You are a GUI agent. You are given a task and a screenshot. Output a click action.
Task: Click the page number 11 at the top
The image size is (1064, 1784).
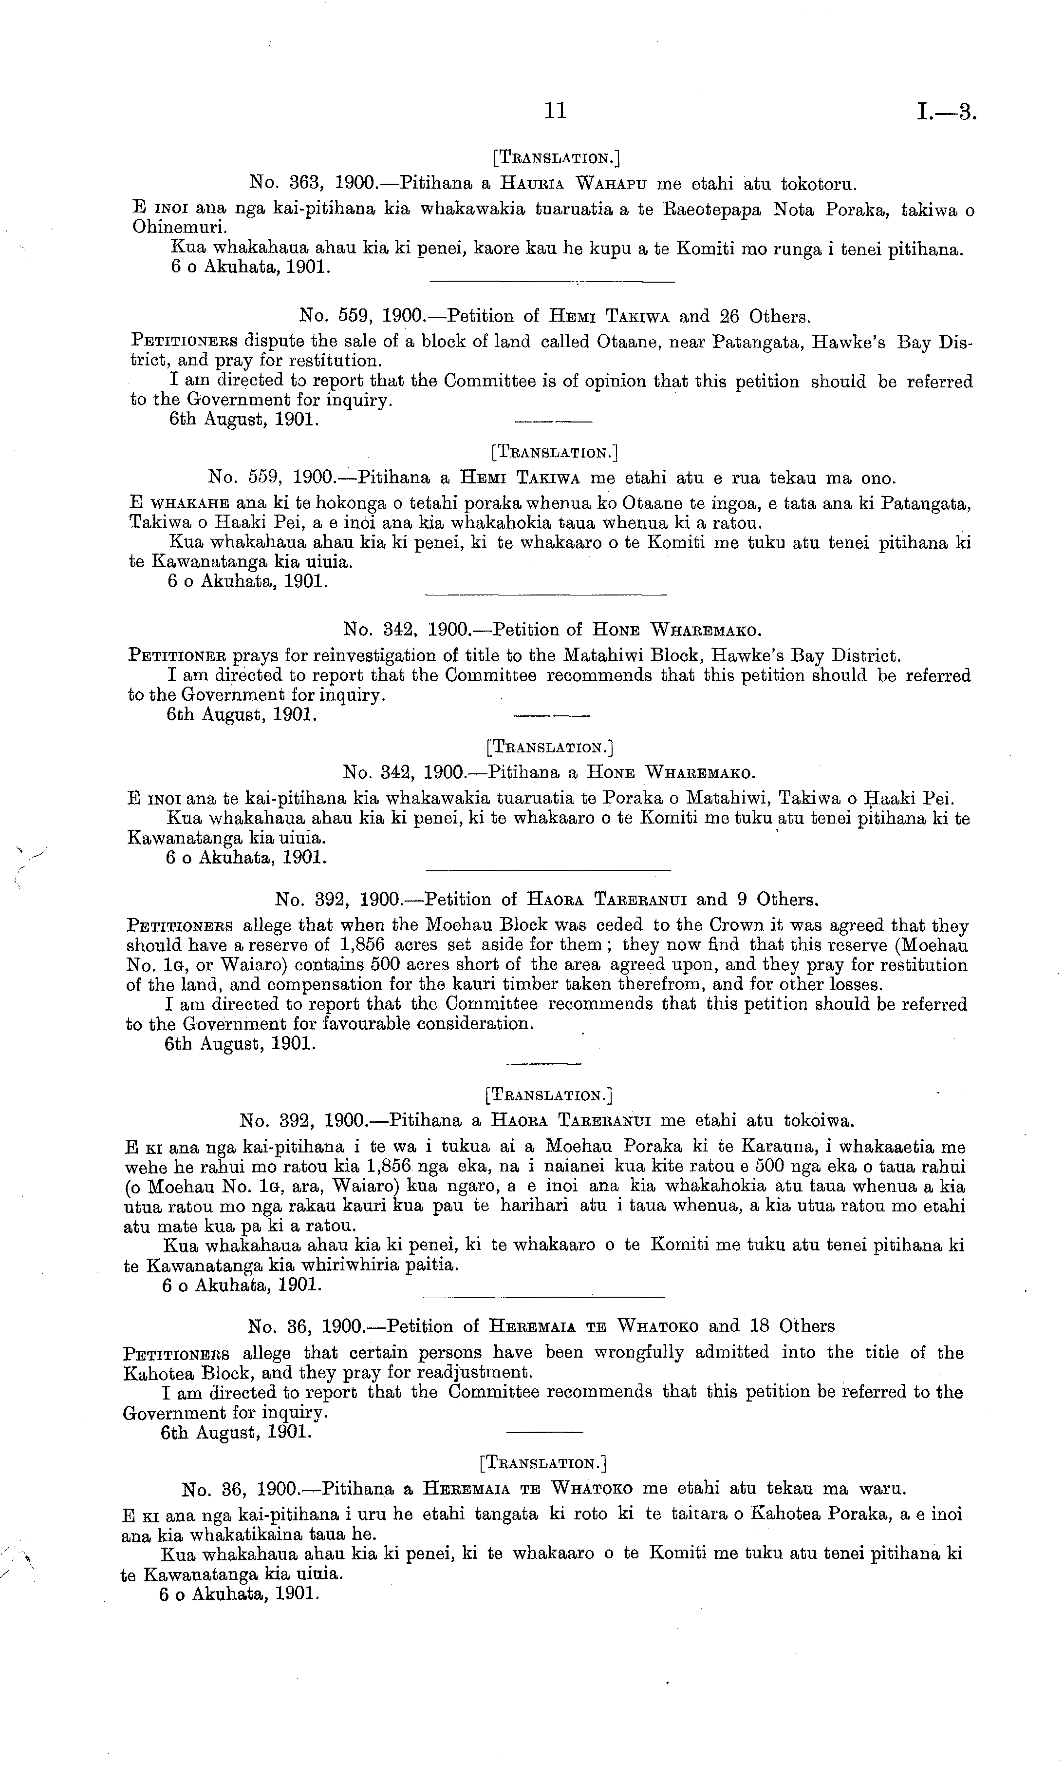pyautogui.click(x=556, y=111)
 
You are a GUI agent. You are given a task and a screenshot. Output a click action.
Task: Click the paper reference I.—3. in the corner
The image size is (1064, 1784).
pyautogui.click(x=947, y=112)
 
